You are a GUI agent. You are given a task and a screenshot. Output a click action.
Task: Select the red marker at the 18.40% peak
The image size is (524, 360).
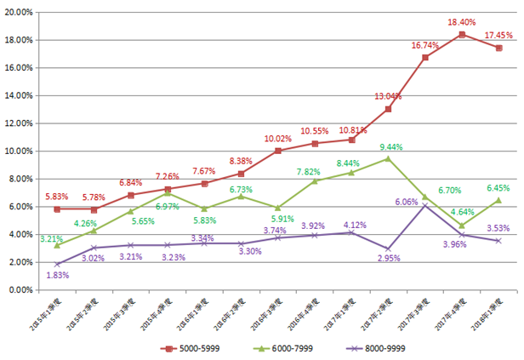pyautogui.click(x=462, y=35)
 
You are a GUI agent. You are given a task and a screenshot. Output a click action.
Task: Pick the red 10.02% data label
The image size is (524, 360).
pyautogui.click(x=277, y=138)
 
